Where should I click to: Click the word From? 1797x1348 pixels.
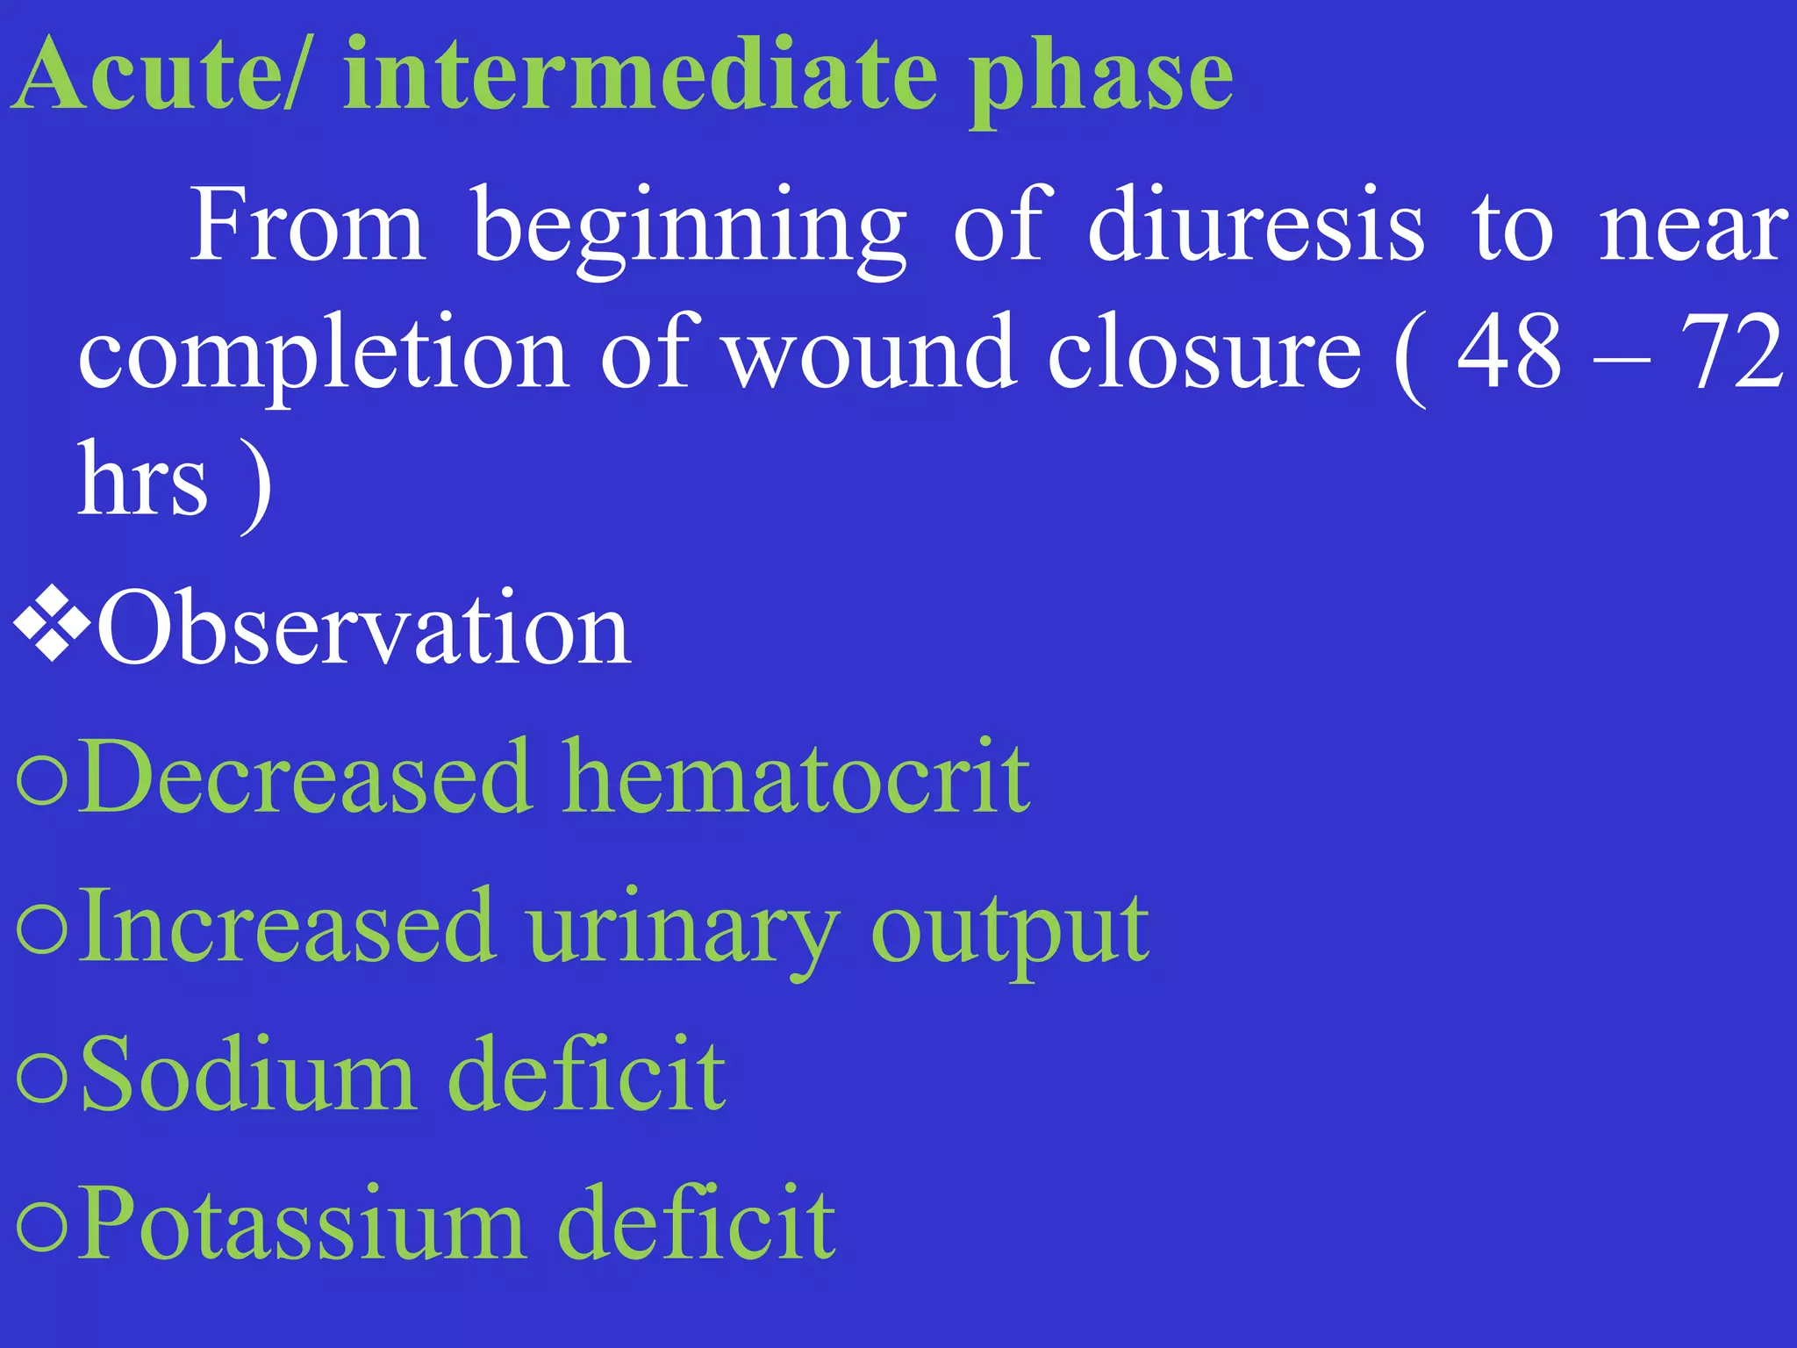pyautogui.click(x=308, y=226)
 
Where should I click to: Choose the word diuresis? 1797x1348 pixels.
pyautogui.click(x=1256, y=226)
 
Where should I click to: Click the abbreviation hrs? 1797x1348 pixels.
pyautogui.click(x=143, y=480)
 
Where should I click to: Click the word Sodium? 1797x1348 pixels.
pyautogui.click(x=247, y=1074)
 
